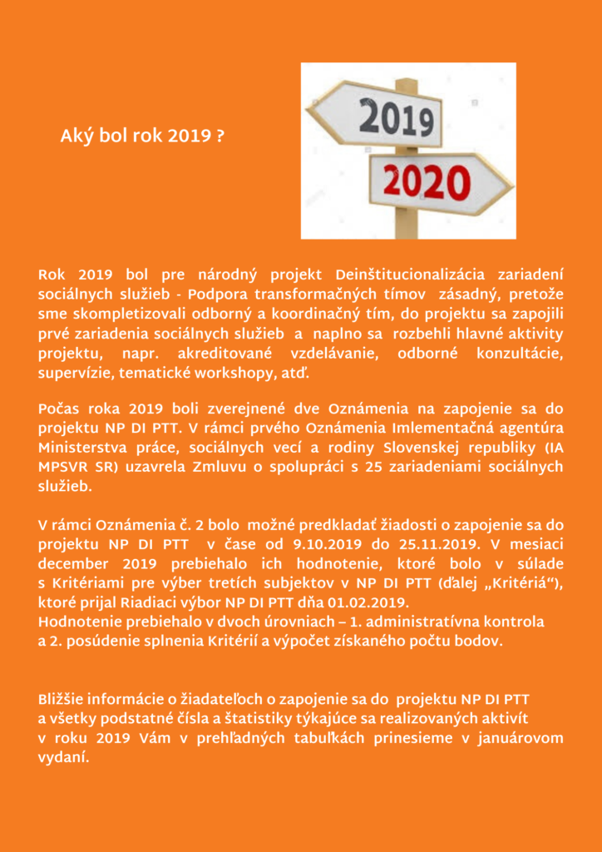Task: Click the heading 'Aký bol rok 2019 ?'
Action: [x=142, y=135]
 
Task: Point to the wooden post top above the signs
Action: [x=406, y=84]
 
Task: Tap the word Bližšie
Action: [x=64, y=699]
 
